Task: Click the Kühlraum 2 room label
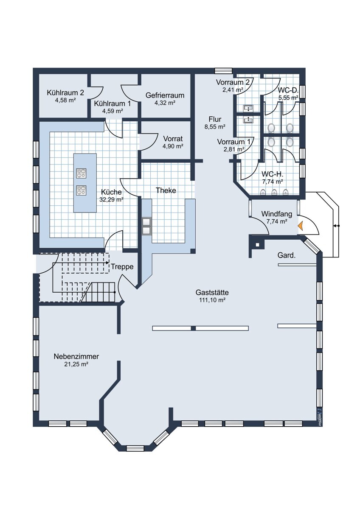click(x=65, y=93)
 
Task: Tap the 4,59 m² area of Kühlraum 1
click(x=112, y=111)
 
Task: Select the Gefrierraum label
click(x=165, y=95)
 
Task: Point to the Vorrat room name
click(x=173, y=138)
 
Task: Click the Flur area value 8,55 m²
click(x=215, y=127)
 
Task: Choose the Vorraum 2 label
click(x=233, y=82)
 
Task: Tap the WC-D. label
click(x=288, y=90)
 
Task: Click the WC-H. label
click(x=272, y=174)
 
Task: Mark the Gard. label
click(x=287, y=255)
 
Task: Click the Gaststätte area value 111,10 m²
click(x=212, y=300)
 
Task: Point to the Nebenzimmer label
click(x=76, y=356)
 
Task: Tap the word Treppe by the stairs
click(x=122, y=266)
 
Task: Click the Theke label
click(x=166, y=190)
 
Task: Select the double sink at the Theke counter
click(x=146, y=227)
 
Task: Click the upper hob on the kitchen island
click(x=81, y=173)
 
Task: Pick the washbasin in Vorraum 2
click(x=248, y=109)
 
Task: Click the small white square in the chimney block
click(x=257, y=245)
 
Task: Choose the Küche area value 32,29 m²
click(x=111, y=199)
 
